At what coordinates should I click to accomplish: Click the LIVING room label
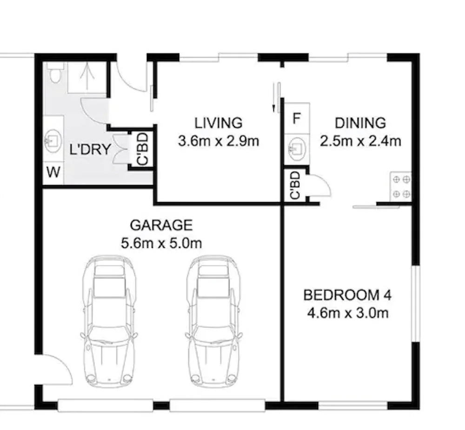click(219, 123)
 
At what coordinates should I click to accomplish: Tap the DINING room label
click(360, 123)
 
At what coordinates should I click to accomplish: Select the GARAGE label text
click(161, 225)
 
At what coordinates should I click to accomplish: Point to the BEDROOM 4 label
click(347, 295)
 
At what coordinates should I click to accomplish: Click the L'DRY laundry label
click(90, 150)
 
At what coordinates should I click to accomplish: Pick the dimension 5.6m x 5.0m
click(161, 243)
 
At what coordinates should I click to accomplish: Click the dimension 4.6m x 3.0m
click(347, 313)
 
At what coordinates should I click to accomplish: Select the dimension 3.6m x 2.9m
click(219, 141)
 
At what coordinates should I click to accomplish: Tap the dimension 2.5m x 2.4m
click(360, 141)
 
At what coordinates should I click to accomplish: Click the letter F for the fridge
click(296, 118)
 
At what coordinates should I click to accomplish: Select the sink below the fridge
click(296, 148)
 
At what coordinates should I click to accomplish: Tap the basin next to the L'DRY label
click(53, 140)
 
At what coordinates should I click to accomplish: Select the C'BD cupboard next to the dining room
click(295, 185)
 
